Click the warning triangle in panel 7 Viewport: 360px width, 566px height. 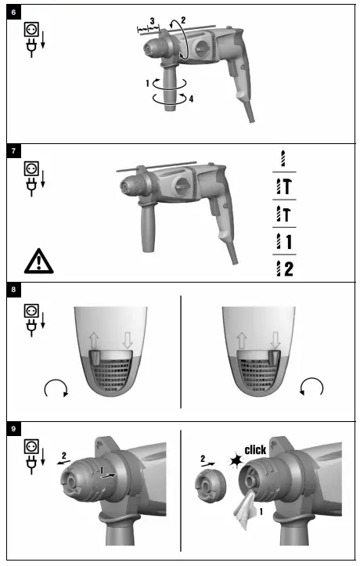35,259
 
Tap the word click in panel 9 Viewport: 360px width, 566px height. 254,450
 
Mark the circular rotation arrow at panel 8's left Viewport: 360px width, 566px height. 57,386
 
